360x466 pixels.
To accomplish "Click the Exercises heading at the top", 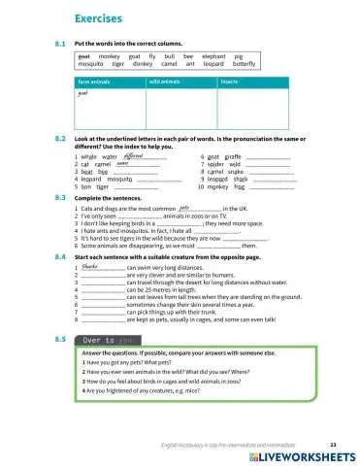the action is pyautogui.click(x=100, y=18).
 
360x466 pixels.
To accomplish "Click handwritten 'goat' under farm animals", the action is pyautogui.click(x=83, y=95).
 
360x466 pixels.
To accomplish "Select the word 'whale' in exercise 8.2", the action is pyautogui.click(x=88, y=156).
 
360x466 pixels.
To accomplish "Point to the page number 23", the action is pyautogui.click(x=332, y=443).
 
